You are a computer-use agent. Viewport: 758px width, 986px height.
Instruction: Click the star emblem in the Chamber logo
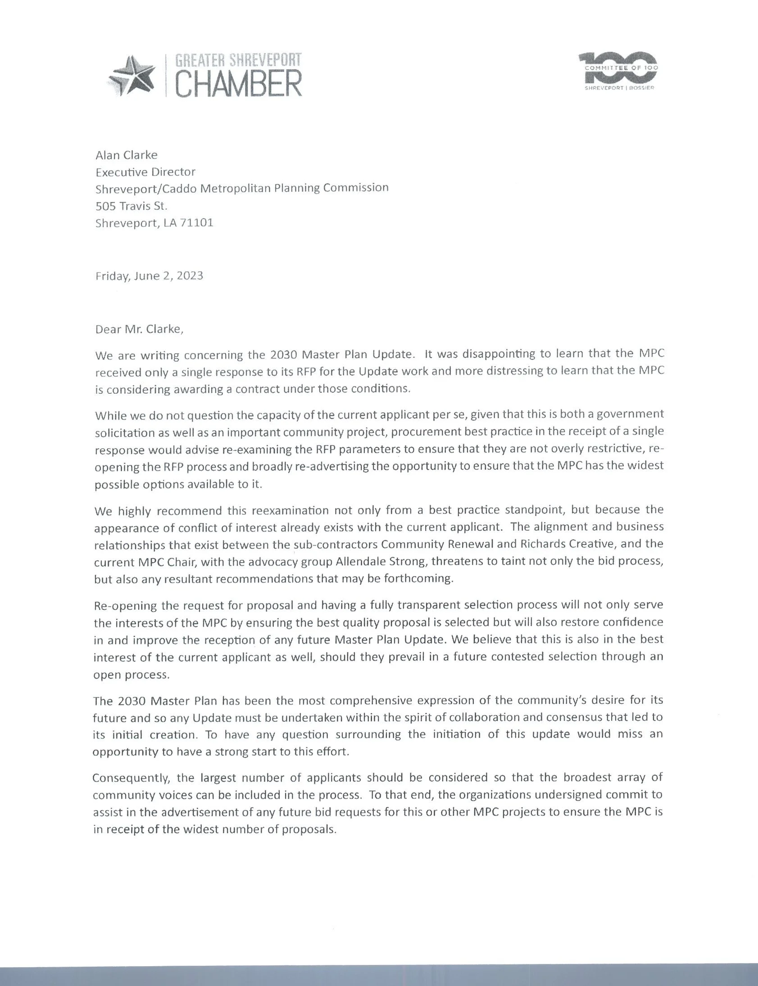133,75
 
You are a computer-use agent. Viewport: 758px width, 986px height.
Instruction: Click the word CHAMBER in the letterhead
238,84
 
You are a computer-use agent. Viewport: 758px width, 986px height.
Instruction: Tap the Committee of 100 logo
618,71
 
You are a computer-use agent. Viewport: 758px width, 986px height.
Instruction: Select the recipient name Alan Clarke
126,155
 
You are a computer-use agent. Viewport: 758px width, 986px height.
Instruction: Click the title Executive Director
145,172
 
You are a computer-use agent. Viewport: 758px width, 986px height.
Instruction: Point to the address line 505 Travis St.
132,206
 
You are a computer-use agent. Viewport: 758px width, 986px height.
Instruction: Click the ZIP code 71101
196,223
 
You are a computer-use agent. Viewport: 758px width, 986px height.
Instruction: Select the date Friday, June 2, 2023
149,275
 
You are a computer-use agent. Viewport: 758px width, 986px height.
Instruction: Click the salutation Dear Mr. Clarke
139,329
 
